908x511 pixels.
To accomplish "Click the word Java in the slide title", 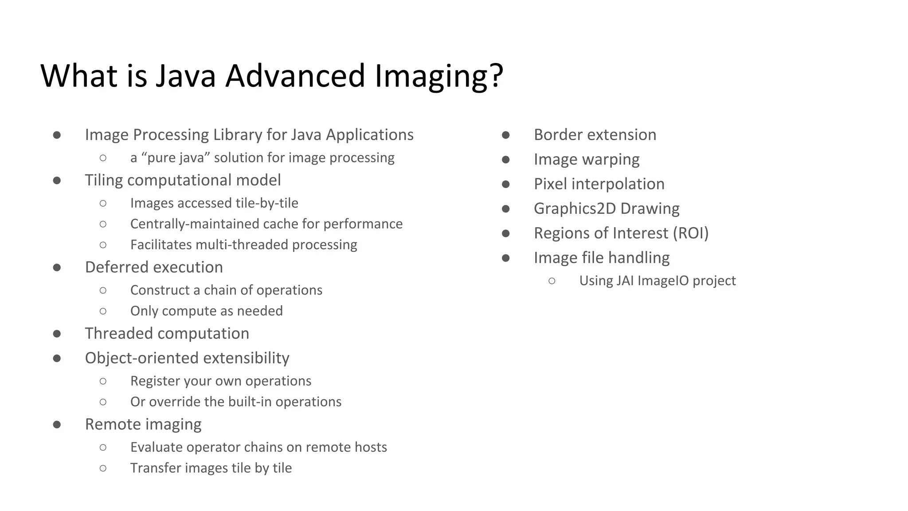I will [x=185, y=75].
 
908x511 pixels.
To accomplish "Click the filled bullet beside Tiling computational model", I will [x=57, y=180].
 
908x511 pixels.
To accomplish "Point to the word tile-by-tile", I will [x=267, y=203].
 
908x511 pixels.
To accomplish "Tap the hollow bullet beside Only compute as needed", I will [x=103, y=311].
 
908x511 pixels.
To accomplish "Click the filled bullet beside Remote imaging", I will [x=57, y=425].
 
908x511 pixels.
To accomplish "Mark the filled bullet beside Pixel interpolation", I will [x=505, y=184].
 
